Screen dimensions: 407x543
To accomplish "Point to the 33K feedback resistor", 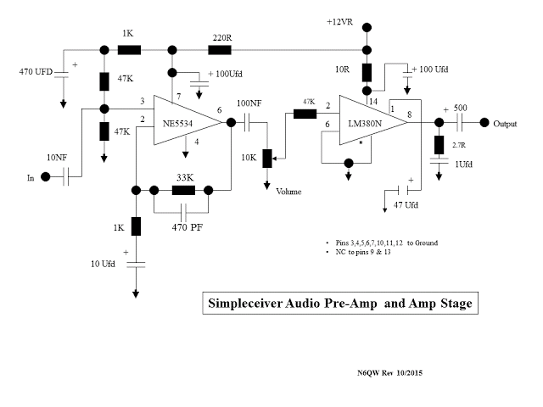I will pos(184,191).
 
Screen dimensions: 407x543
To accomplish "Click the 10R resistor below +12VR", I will pos(367,72).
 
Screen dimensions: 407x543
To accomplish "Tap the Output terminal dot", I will pos(485,122).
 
